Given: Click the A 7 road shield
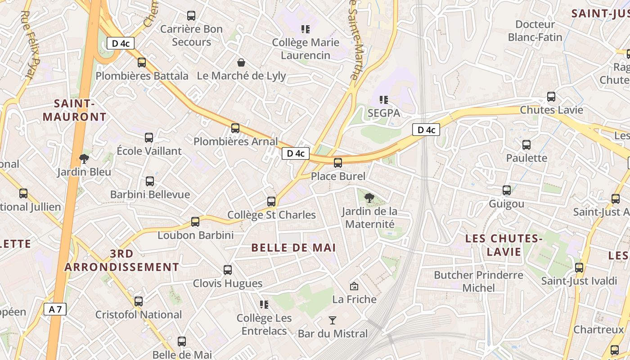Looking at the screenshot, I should (55, 309).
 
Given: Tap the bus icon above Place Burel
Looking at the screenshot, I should (338, 163).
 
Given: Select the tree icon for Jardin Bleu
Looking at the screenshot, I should (84, 158).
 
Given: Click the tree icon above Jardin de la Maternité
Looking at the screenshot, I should (369, 197).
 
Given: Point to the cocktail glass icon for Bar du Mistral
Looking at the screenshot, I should (333, 320).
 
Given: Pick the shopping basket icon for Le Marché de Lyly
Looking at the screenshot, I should (241, 62).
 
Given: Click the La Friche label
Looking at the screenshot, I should (354, 299).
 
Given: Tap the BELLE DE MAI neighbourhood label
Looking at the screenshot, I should (294, 247).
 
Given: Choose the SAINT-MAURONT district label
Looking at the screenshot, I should (75, 110).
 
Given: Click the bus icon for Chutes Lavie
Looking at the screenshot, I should (551, 96).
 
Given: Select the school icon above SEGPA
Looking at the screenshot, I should (383, 99).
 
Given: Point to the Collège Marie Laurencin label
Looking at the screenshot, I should (306, 49).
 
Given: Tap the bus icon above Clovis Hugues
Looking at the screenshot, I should (228, 270).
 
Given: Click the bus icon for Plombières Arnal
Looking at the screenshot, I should (235, 128).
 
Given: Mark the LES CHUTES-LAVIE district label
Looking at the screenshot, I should (504, 245).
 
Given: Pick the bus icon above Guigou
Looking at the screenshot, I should (507, 190).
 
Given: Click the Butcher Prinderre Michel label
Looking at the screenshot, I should (478, 281).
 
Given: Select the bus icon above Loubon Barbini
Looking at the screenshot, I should (195, 222).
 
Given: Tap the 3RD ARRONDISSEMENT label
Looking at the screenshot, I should (121, 260).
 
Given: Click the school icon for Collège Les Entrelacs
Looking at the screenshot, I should (264, 305).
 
